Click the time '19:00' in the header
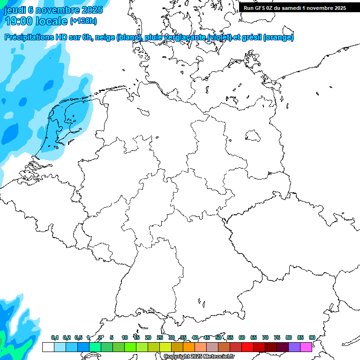point(18,21)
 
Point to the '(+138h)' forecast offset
point(83,21)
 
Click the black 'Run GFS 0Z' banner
point(295,7)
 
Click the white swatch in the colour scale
point(48,347)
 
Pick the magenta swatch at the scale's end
point(306,347)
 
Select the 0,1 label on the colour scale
point(55,337)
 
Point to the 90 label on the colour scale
point(312,337)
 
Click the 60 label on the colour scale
point(242,337)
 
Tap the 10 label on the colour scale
point(125,337)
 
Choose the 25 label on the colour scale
point(160,337)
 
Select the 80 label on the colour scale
point(288,337)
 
